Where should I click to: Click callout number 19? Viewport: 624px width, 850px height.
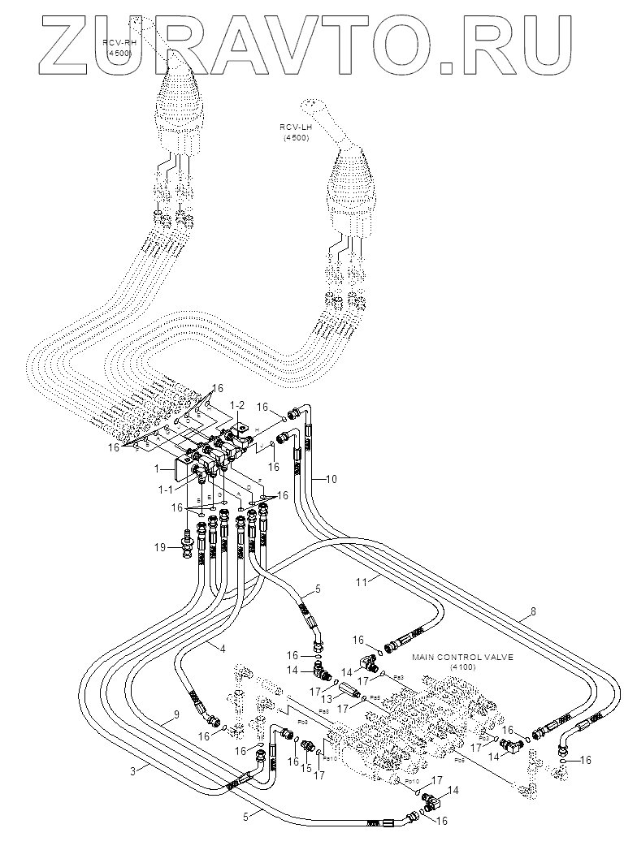click(x=162, y=547)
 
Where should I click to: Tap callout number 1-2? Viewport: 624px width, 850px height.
click(x=236, y=403)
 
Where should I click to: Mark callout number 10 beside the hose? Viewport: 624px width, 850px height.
click(x=330, y=478)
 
